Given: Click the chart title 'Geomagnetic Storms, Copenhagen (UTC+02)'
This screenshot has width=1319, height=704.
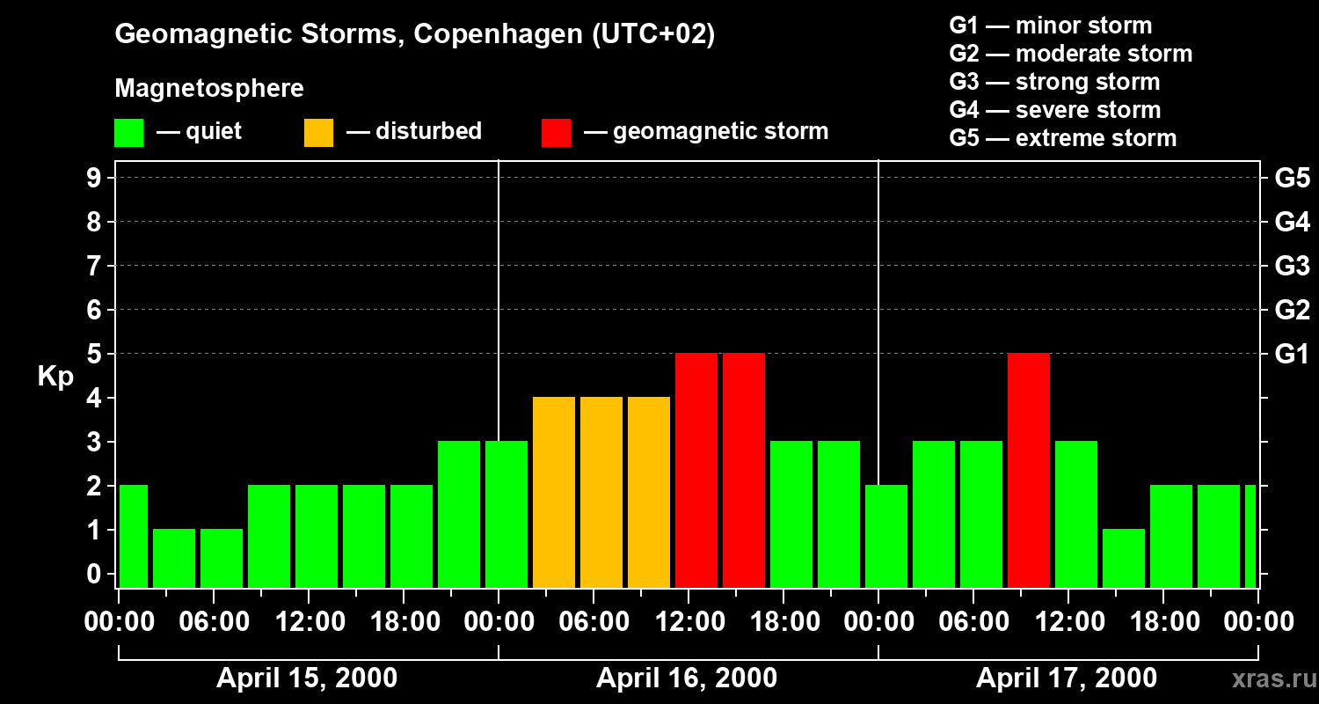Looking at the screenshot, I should (x=414, y=34).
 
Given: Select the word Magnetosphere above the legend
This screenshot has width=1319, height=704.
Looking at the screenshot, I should (x=209, y=88).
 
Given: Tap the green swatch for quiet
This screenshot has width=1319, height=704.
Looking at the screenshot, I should (x=128, y=132).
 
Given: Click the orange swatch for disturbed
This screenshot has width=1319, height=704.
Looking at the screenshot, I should (x=318, y=132).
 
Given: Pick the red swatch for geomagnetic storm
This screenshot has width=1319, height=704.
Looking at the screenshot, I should (x=556, y=132).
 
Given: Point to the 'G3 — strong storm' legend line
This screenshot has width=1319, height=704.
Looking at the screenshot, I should (x=1054, y=82).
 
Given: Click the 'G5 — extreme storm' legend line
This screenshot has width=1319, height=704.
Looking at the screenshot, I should (x=1062, y=138).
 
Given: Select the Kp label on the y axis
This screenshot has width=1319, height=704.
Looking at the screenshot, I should (x=55, y=377).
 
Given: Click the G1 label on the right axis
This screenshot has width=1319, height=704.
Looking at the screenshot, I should (x=1292, y=354).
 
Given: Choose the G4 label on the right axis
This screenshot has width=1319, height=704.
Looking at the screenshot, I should (x=1292, y=222).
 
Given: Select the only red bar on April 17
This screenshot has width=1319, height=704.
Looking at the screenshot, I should (x=1029, y=470).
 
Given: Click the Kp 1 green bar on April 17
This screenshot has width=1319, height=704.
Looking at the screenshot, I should (x=1124, y=558).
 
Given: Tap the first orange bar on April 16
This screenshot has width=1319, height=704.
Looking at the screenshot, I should (x=554, y=492).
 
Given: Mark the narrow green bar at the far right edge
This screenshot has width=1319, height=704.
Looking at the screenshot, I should (x=1250, y=536).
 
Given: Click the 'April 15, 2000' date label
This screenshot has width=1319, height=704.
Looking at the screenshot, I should (x=306, y=678).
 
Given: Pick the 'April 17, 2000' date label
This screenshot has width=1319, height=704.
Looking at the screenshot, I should (x=1066, y=678).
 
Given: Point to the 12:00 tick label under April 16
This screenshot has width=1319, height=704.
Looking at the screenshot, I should (x=689, y=622).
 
